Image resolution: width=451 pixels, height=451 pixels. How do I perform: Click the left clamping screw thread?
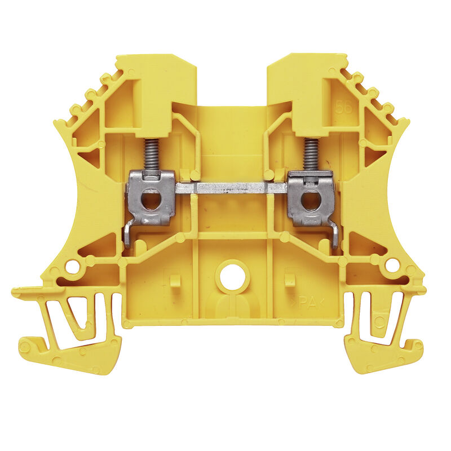152,154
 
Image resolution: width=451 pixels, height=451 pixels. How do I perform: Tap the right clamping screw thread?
311,154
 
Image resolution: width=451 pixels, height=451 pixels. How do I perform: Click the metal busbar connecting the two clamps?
231,188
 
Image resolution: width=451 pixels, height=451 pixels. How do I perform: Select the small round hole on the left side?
72,266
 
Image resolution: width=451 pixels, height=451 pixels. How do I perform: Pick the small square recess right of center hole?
290,280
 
